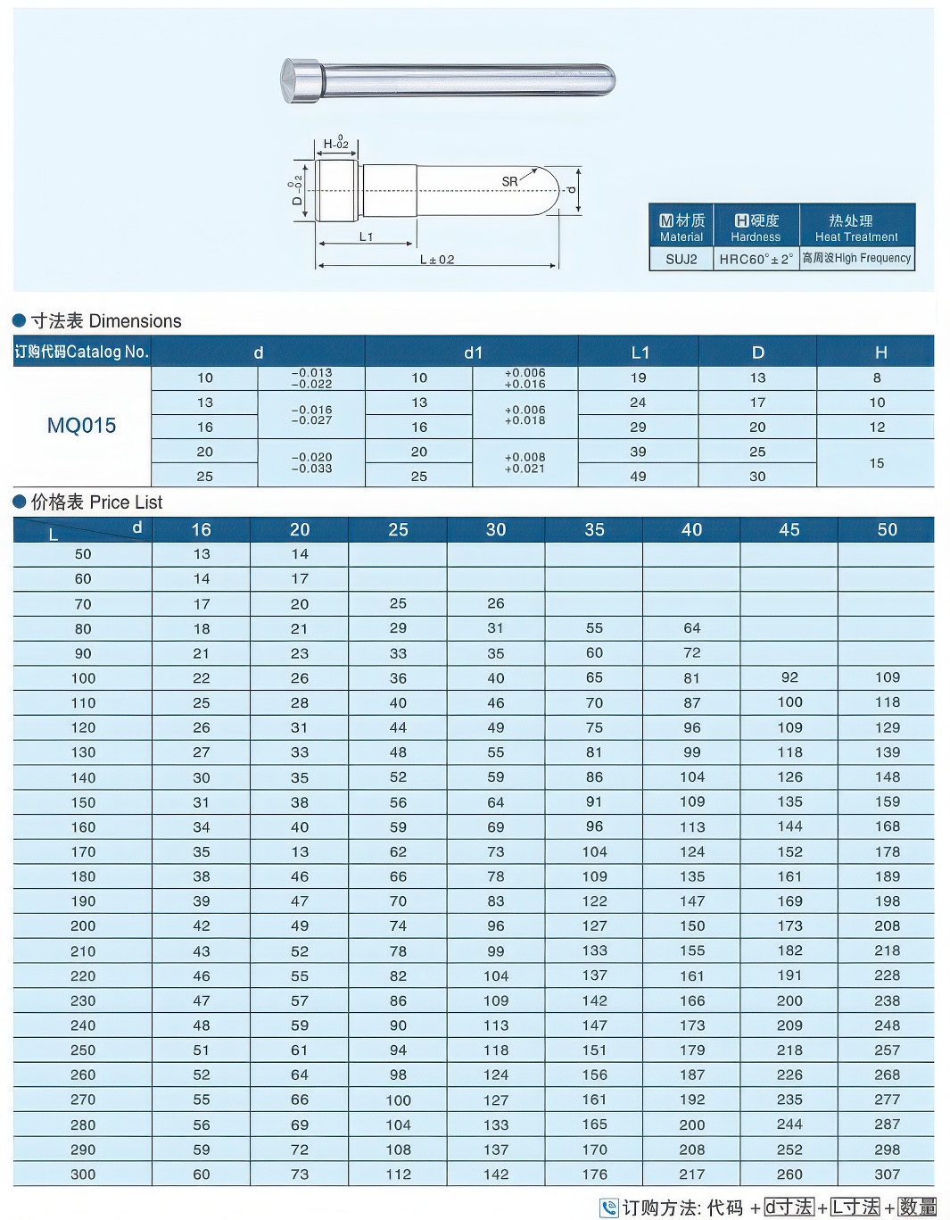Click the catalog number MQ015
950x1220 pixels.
pyautogui.click(x=81, y=426)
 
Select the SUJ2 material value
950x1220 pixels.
pyautogui.click(x=682, y=259)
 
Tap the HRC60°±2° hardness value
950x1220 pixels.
pyautogui.click(x=756, y=259)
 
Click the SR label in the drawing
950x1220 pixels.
pyautogui.click(x=509, y=181)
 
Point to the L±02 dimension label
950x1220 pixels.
pyautogui.click(x=437, y=260)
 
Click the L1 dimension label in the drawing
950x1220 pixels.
pyautogui.click(x=366, y=237)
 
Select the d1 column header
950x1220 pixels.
pyautogui.click(x=472, y=353)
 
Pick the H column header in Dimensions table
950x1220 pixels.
pyautogui.click(x=880, y=353)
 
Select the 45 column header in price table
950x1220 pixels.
pyautogui.click(x=789, y=530)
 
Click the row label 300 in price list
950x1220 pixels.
pyautogui.click(x=83, y=1174)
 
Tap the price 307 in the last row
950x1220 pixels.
pyautogui.click(x=887, y=1174)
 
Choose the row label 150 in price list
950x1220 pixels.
pyautogui.click(x=83, y=802)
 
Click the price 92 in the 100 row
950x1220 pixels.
pyautogui.click(x=789, y=677)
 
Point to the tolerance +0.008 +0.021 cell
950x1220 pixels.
pyautogui.click(x=525, y=462)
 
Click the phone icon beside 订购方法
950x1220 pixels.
pyautogui.click(x=609, y=1208)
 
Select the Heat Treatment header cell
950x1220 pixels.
pyautogui.click(x=856, y=228)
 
